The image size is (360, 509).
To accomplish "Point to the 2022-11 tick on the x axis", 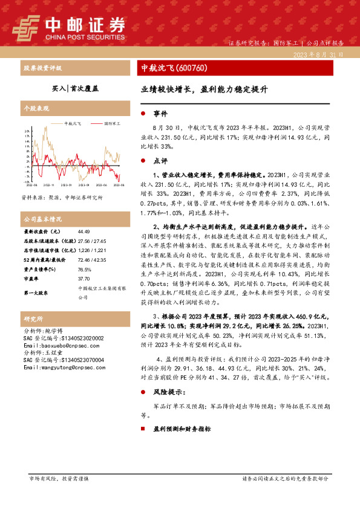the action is point(49,184).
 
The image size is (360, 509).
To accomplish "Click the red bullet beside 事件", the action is point(142,114).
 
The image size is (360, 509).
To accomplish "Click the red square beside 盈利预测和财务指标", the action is point(143,428).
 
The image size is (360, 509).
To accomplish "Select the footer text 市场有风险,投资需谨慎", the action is point(59,478).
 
